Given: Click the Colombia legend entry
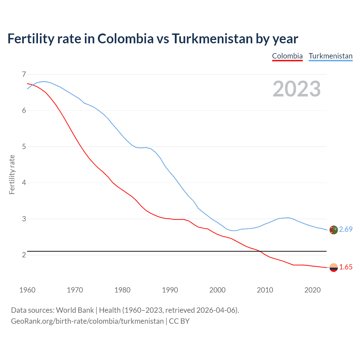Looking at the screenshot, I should pyautogui.click(x=287, y=56).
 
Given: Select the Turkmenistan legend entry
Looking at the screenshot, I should pyautogui.click(x=330, y=56).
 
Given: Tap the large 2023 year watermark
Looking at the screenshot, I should pyautogui.click(x=296, y=89).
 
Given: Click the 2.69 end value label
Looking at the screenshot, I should pyautogui.click(x=346, y=229).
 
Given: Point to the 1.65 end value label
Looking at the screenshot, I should pyautogui.click(x=346, y=267).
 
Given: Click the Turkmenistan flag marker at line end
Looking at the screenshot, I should pyautogui.click(x=334, y=230).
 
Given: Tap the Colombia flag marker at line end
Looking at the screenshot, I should pyautogui.click(x=334, y=267).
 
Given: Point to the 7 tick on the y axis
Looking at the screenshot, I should pyautogui.click(x=24, y=75).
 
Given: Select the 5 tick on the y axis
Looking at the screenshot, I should pyautogui.click(x=24, y=147).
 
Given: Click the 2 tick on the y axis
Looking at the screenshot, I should pyautogui.click(x=24, y=255).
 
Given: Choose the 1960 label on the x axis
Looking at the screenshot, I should pyautogui.click(x=27, y=290).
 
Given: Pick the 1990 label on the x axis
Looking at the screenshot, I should pyautogui.click(x=170, y=290).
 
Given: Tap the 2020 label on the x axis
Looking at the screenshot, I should pyautogui.click(x=312, y=290).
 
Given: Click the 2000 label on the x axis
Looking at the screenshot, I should pyautogui.click(x=217, y=290).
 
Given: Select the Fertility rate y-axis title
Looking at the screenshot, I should pyautogui.click(x=12, y=174).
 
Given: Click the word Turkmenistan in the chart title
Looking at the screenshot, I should pyautogui.click(x=212, y=39).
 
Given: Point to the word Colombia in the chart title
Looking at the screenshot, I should pyautogui.click(x=125, y=39).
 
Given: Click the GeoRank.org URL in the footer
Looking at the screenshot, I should pyautogui.click(x=87, y=321).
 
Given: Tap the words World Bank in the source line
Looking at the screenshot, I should pyautogui.click(x=75, y=310).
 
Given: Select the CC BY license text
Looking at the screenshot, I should pyautogui.click(x=179, y=321).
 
